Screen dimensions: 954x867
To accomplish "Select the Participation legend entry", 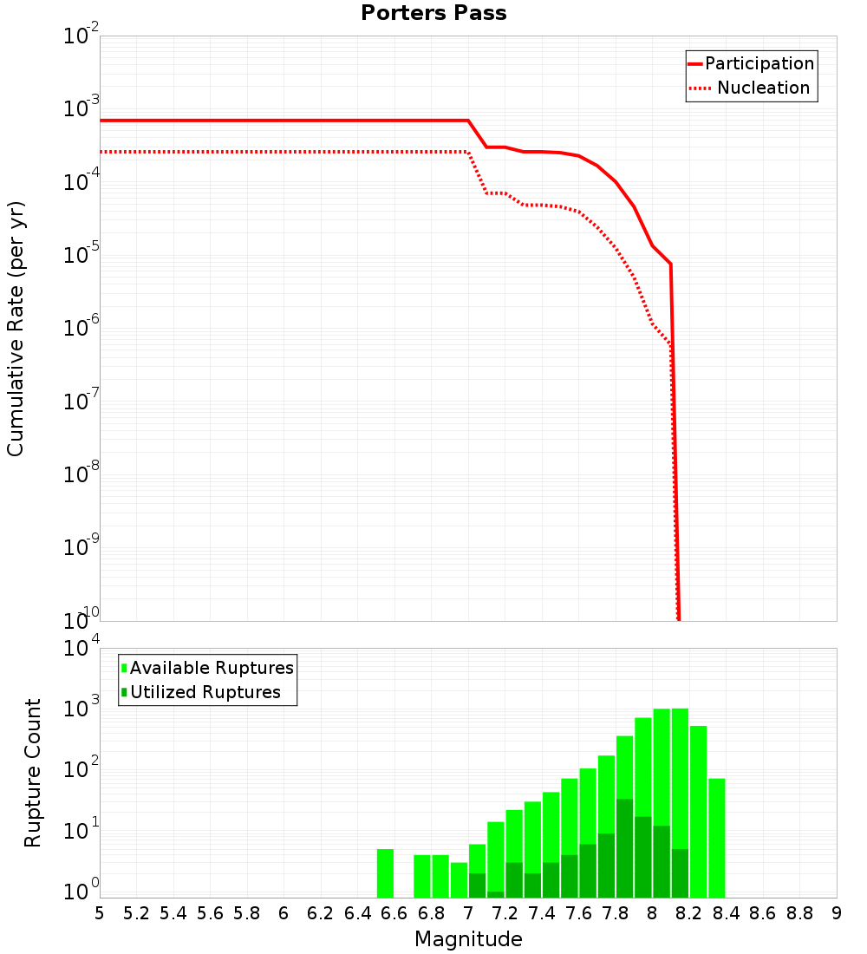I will (759, 63).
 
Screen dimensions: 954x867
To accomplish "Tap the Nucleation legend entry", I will (762, 88).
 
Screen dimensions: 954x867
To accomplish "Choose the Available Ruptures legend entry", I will (212, 668).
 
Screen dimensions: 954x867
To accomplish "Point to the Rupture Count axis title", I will (33, 773).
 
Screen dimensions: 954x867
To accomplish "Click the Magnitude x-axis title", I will (468, 939).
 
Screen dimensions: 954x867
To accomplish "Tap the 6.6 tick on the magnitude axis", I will (394, 913).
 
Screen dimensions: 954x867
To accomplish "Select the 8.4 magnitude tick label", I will (726, 913).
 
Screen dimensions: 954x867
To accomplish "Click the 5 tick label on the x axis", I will (100, 913).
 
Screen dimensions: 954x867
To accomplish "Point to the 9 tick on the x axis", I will (837, 913).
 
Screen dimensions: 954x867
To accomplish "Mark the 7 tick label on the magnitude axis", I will (468, 913).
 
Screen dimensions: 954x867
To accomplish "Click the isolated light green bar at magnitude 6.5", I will (385, 873).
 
